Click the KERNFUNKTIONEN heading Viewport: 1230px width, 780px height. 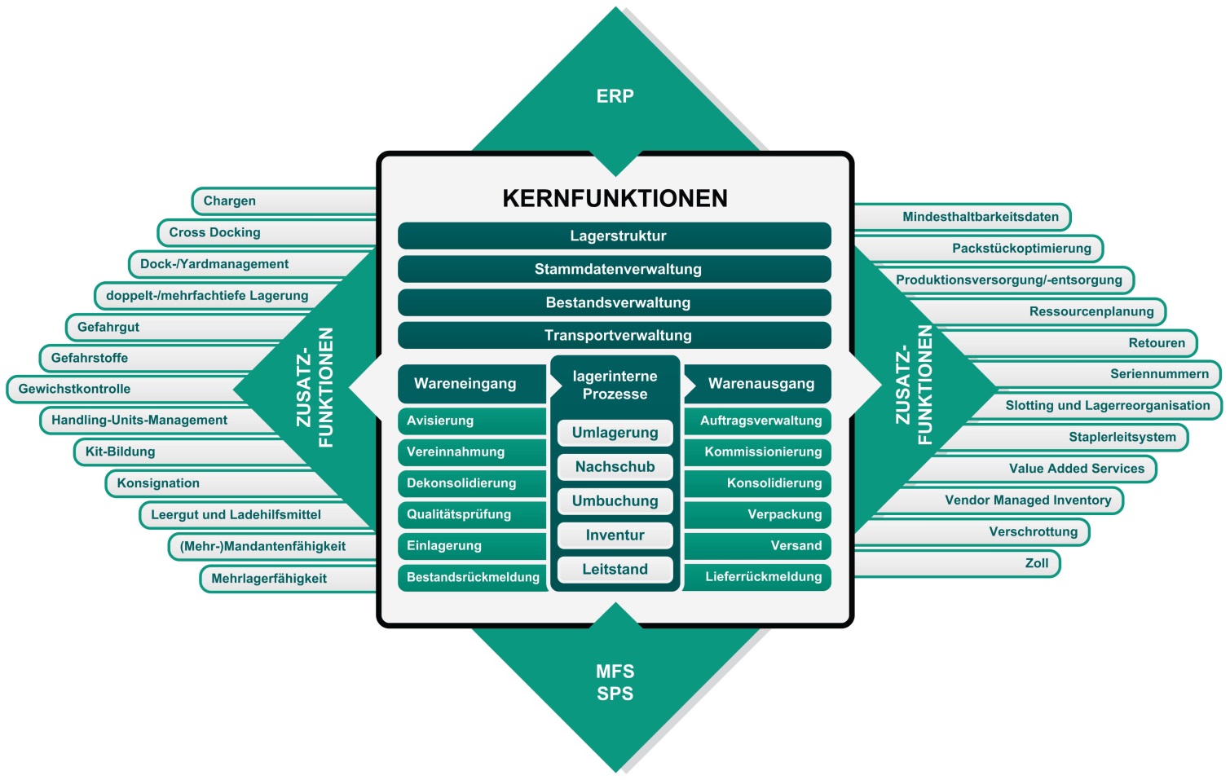pos(615,198)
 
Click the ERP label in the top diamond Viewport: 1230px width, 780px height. pos(615,96)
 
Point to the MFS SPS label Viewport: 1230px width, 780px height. pos(615,682)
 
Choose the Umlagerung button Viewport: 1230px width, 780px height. pos(615,433)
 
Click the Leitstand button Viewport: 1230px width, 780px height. pos(615,569)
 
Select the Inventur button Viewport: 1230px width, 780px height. pos(615,535)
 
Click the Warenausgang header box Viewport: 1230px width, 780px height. pos(760,384)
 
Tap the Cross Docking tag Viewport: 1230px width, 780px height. pos(215,232)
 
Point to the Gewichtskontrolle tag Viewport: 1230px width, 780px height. pos(75,389)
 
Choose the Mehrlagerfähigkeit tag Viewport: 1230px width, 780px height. pos(269,579)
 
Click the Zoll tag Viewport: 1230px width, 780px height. pos(1036,563)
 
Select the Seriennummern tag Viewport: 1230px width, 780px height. pos(1158,374)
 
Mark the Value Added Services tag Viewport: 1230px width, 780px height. pos(1076,469)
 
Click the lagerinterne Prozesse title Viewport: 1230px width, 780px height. pos(615,385)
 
